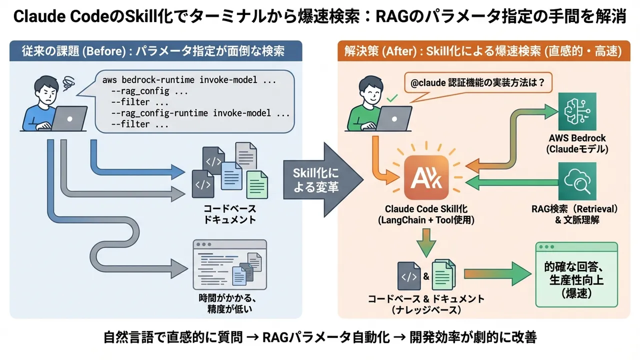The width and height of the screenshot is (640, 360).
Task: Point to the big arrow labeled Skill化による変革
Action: (322, 180)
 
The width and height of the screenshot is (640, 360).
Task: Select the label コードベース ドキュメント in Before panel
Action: (229, 214)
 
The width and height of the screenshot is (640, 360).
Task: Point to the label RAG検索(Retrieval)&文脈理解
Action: (576, 213)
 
